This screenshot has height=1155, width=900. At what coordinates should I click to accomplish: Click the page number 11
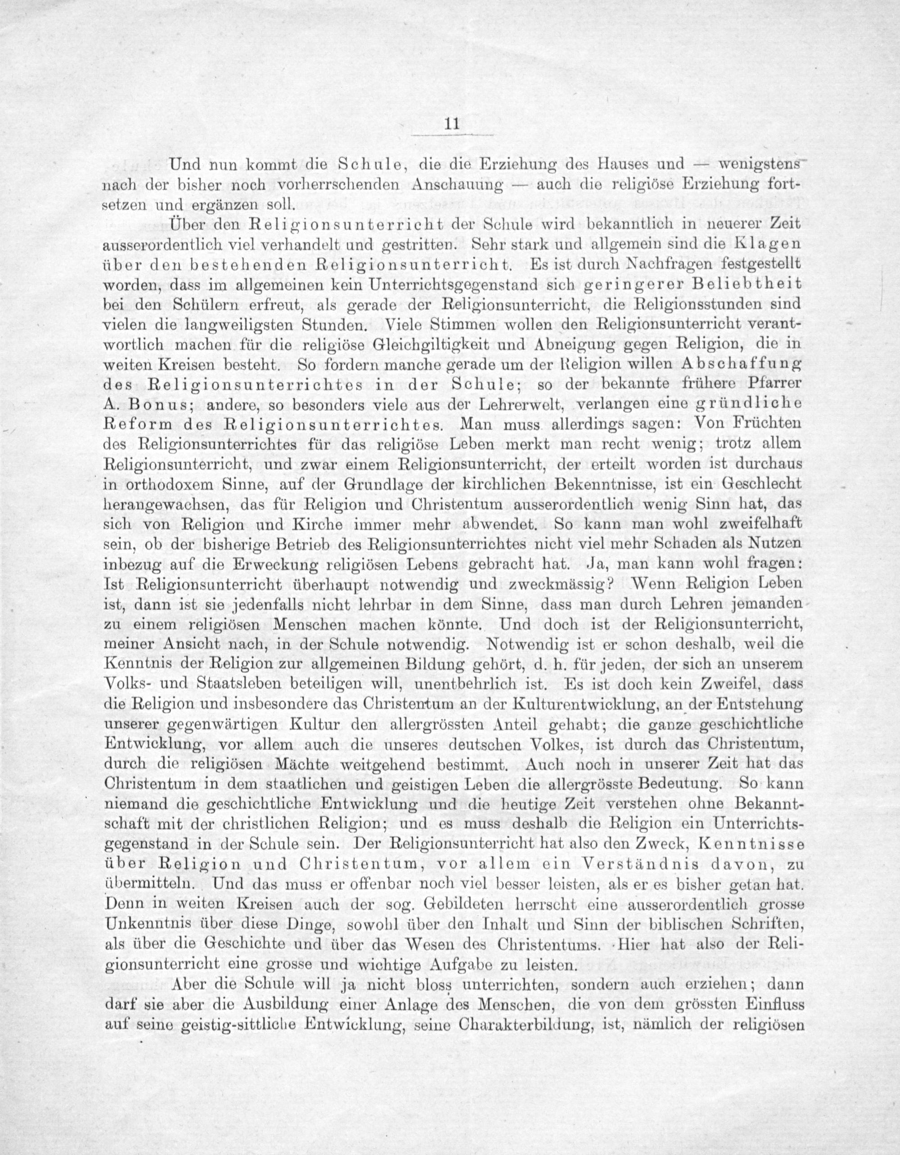451,124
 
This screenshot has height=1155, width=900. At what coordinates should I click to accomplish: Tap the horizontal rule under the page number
452,136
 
